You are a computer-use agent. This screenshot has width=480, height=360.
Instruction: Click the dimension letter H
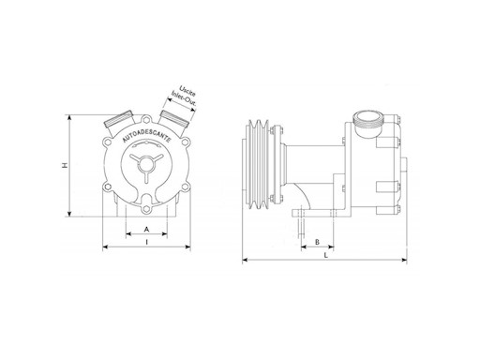click(65, 165)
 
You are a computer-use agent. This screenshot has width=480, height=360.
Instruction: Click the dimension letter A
click(146, 230)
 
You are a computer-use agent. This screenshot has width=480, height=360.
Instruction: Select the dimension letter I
click(146, 242)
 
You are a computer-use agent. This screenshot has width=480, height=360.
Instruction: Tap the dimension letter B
click(317, 242)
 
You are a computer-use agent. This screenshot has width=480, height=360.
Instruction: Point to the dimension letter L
click(326, 255)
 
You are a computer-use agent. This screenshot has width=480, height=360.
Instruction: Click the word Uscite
click(187, 90)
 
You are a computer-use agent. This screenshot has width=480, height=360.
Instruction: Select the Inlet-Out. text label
click(184, 100)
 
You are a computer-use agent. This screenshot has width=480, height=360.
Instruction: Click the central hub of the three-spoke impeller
click(145, 164)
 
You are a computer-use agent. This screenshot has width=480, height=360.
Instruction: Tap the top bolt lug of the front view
click(146, 120)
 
